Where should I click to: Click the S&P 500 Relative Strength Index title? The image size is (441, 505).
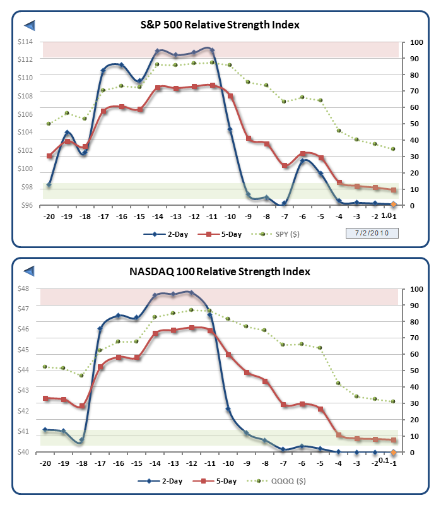(x=220, y=25)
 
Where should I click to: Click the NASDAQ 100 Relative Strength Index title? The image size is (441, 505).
(x=220, y=272)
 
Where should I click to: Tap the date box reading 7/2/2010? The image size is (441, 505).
(x=372, y=234)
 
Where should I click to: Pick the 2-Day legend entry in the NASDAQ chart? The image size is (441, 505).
(x=163, y=482)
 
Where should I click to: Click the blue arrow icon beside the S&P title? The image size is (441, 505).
(x=29, y=25)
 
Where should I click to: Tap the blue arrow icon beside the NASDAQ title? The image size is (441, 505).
(x=29, y=271)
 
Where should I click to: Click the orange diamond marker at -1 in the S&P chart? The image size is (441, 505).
(x=394, y=205)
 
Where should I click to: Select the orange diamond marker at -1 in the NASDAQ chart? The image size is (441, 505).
(x=394, y=452)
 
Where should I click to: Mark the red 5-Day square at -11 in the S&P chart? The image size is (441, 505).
(x=212, y=85)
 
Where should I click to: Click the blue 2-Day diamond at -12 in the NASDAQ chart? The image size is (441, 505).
(x=191, y=292)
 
